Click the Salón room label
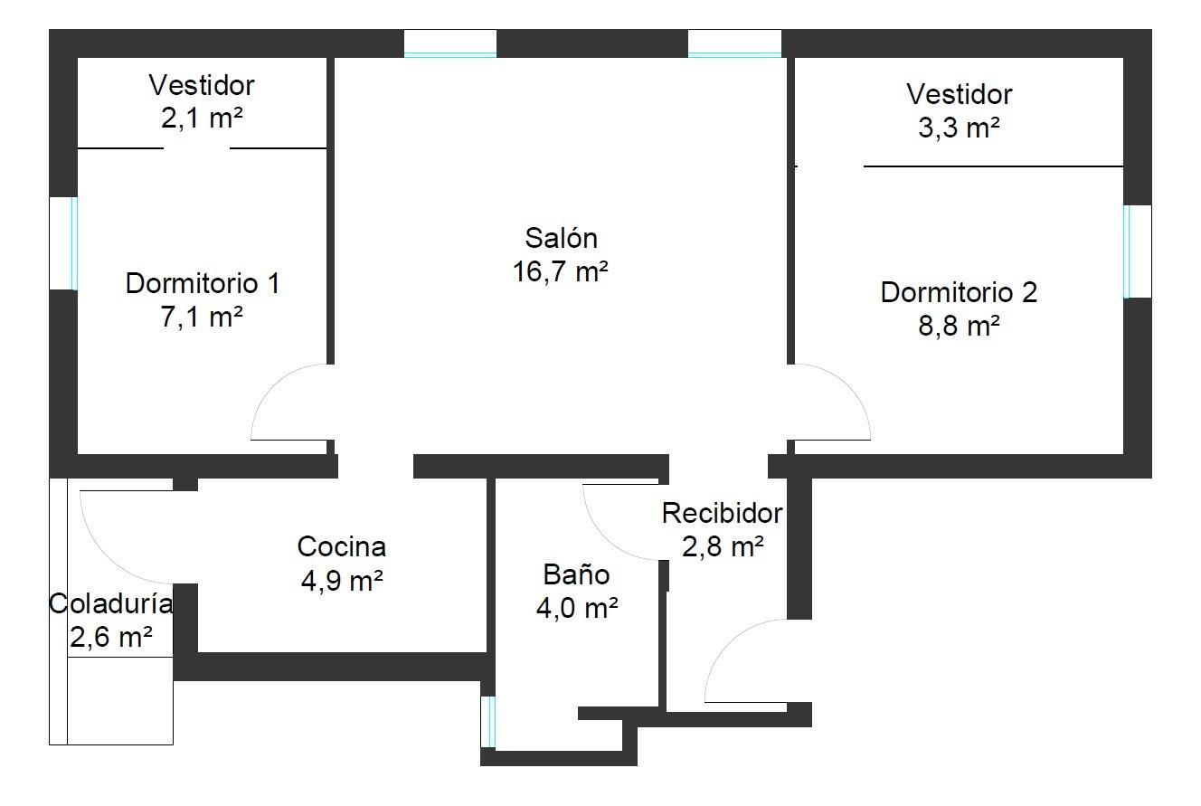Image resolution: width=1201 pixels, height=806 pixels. click(561, 238)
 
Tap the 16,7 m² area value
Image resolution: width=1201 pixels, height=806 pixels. click(561, 271)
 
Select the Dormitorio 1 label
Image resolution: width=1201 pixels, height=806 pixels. click(202, 283)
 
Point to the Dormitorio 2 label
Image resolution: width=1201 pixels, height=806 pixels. click(959, 292)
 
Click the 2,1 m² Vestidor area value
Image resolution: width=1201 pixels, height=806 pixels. click(202, 119)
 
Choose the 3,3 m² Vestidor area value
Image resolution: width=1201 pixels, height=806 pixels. click(959, 128)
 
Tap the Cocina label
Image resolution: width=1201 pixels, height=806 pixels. click(341, 546)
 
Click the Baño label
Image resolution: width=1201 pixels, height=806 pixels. click(576, 574)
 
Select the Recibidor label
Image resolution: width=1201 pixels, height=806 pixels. click(722, 513)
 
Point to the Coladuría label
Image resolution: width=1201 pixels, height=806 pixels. click(110, 603)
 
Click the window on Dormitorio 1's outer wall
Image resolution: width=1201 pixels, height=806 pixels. click(74, 243)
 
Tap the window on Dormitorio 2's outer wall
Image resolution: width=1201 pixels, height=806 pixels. click(1127, 251)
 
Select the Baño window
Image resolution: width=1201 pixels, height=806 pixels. click(488, 721)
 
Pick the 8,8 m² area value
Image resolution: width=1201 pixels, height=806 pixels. click(959, 327)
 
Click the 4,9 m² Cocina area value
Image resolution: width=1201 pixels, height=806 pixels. click(341, 581)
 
